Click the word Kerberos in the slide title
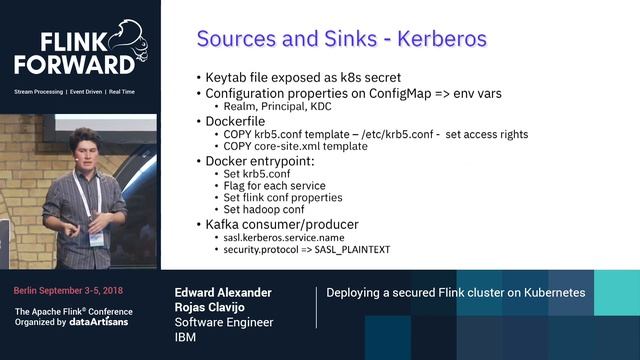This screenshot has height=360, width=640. point(442,39)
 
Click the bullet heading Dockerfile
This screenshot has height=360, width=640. point(238,120)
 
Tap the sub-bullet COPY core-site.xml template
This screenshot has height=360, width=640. point(296,146)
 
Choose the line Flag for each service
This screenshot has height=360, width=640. point(281,185)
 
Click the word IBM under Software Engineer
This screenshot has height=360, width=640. point(189,338)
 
